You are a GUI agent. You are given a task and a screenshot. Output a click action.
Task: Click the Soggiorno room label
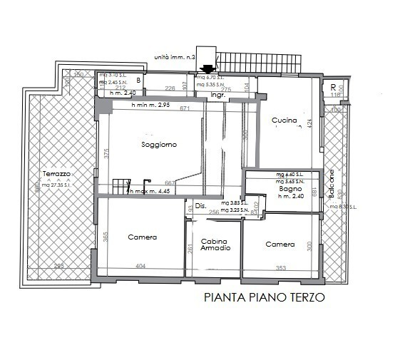(158, 145)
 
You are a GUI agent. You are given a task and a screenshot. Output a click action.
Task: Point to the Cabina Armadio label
(215, 245)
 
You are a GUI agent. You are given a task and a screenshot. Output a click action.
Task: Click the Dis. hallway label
(200, 206)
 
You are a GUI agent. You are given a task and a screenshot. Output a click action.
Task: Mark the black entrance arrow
(207, 69)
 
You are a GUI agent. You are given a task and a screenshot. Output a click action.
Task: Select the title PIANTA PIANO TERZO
(264, 297)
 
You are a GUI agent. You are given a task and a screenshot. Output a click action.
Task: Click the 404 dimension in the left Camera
(140, 267)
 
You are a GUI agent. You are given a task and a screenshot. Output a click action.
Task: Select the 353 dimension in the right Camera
(280, 268)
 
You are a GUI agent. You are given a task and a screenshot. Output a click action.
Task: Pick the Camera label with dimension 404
(142, 237)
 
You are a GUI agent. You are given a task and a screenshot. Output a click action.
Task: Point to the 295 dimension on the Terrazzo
(59, 267)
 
